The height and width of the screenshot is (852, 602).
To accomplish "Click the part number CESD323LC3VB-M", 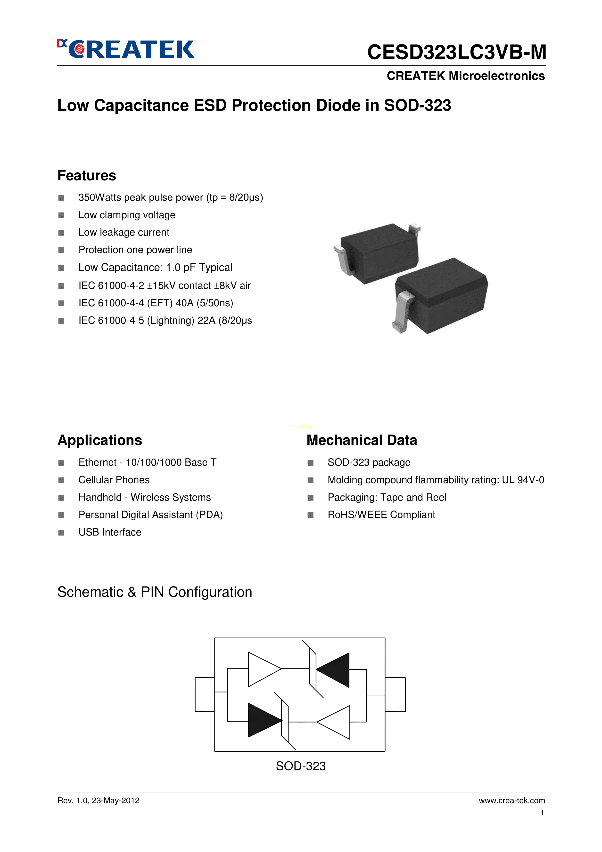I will pos(456,52).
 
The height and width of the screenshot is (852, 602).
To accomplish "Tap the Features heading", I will pos(87,176).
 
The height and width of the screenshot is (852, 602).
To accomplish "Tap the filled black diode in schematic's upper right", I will pos(334,670).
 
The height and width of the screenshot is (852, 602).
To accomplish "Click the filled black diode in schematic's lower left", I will pos(264,720).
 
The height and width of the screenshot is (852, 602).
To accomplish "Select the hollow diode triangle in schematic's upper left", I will pos(263,669).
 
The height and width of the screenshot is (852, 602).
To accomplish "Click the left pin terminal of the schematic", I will pos(205,694).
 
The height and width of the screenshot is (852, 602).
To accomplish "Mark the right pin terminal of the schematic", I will pos(395,694).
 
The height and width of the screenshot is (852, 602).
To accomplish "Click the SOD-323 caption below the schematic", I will pos(301,766).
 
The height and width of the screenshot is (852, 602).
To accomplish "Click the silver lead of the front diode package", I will pos(403,310).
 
